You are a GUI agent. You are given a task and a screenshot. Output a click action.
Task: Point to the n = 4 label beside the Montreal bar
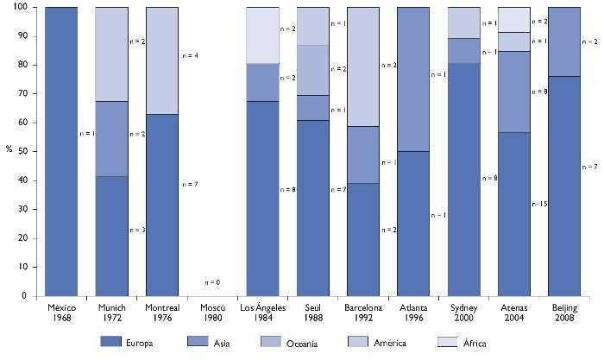click(x=192, y=56)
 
